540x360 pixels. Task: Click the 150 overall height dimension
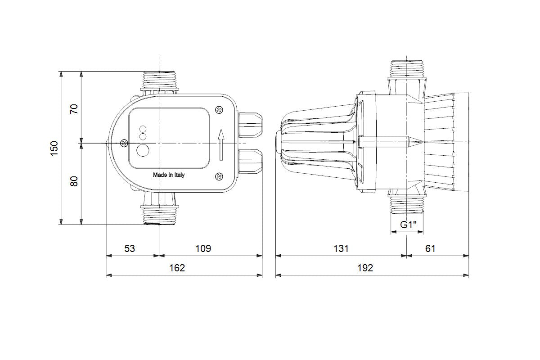tap(54, 148)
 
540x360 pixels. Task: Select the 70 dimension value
tap(74, 109)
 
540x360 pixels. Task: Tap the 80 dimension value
tap(74, 181)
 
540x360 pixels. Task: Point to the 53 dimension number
tap(130, 248)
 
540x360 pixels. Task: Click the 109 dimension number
tap(203, 248)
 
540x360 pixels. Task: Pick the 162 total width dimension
tap(177, 268)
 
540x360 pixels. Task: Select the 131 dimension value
tap(341, 248)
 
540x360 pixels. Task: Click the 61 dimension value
tap(430, 248)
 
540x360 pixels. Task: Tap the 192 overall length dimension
tap(365, 268)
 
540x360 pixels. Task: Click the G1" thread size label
tap(409, 225)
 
